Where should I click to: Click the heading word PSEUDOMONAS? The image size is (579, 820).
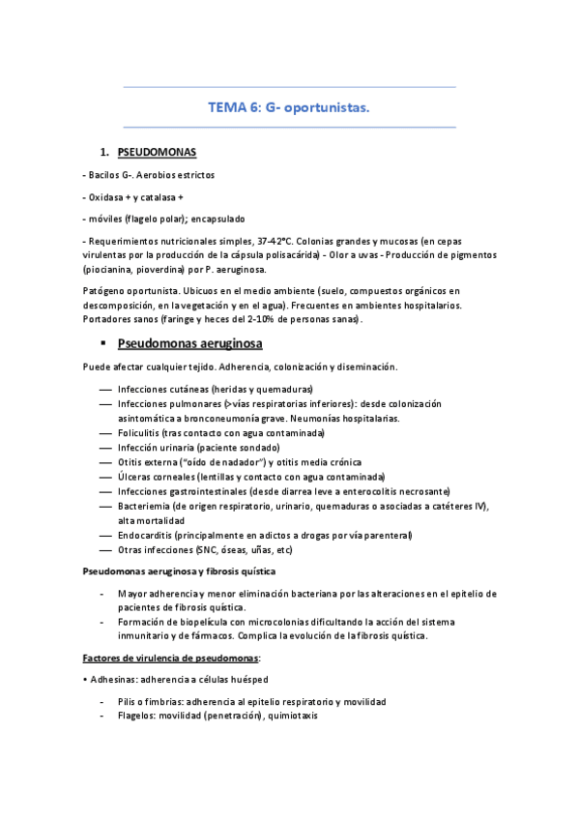[157, 153]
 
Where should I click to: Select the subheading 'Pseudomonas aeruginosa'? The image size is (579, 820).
[189, 342]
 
